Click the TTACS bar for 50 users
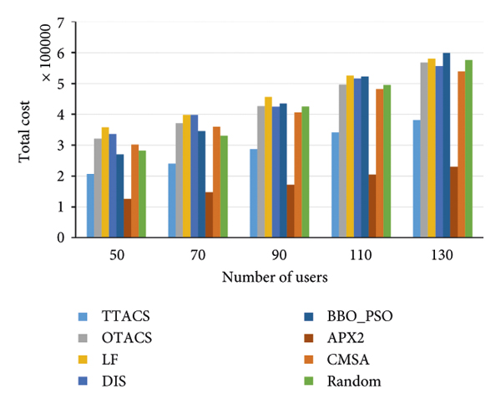(90, 206)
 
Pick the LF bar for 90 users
(267, 167)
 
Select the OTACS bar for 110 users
(342, 161)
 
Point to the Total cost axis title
(28, 130)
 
